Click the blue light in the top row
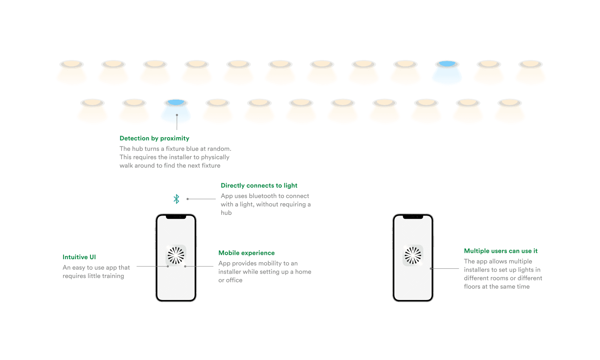[447, 64]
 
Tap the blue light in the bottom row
[176, 103]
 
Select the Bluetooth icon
[176, 199]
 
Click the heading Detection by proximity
[154, 138]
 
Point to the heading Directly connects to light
[259, 185]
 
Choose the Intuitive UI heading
[79, 257]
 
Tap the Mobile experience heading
[246, 253]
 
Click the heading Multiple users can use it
[501, 251]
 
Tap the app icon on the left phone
[176, 255]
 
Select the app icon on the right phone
[413, 255]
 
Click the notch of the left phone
[176, 217]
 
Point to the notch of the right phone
[413, 217]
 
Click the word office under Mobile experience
[234, 280]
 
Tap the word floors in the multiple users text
[472, 287]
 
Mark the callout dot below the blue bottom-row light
[177, 115]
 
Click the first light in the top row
[72, 64]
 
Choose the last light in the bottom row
[510, 103]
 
